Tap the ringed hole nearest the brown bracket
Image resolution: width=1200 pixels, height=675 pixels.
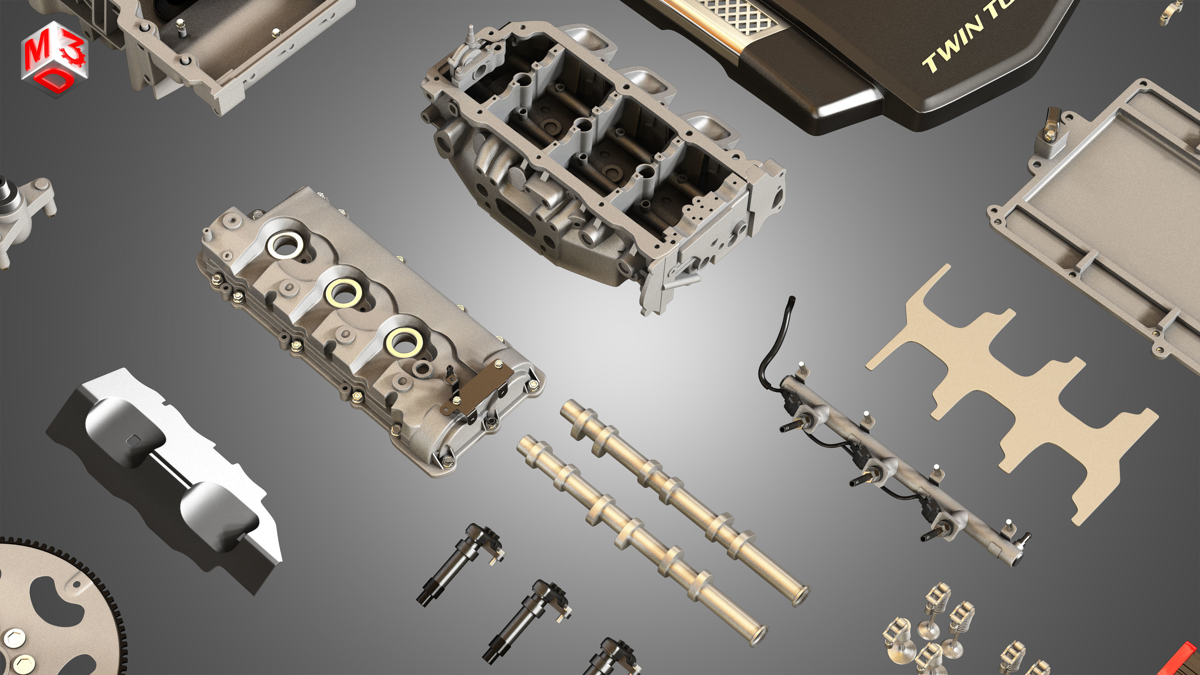(x=404, y=342)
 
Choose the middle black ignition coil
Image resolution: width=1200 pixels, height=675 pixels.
(x=526, y=620)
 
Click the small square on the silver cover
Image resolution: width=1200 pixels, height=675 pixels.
(x=134, y=439)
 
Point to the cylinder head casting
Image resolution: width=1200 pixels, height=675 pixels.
(x=601, y=159)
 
